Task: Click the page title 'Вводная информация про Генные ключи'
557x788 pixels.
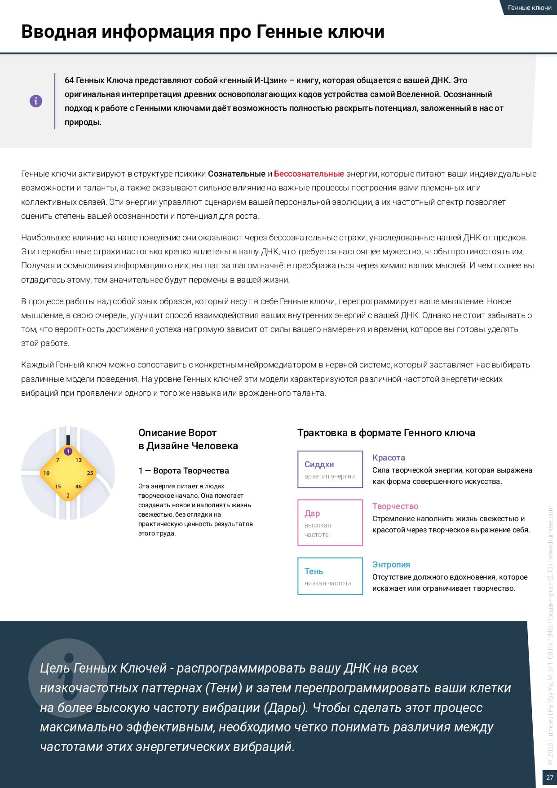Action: click(203, 32)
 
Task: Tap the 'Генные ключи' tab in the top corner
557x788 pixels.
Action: click(529, 8)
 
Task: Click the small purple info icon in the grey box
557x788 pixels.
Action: click(36, 101)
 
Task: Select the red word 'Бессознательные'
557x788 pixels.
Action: click(309, 174)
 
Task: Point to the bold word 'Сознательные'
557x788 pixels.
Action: click(236, 174)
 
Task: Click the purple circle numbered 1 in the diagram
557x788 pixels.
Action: click(68, 452)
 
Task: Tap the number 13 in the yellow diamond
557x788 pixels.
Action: click(79, 460)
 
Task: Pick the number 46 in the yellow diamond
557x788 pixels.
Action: click(79, 487)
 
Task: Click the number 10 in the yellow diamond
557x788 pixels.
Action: click(46, 473)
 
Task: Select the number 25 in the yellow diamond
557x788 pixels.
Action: click(90, 473)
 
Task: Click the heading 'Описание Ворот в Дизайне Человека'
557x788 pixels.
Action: click(188, 439)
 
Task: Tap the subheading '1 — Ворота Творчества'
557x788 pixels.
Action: click(183, 471)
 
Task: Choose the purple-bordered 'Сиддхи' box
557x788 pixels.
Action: click(330, 469)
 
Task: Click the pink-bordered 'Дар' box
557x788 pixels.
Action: click(330, 522)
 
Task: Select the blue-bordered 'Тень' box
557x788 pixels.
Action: click(330, 576)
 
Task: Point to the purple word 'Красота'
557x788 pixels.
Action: click(389, 458)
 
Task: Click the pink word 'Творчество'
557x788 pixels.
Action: click(395, 506)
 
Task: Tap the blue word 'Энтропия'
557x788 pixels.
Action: click(391, 565)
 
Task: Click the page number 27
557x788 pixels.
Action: click(549, 778)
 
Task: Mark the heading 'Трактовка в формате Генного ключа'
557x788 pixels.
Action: click(386, 433)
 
